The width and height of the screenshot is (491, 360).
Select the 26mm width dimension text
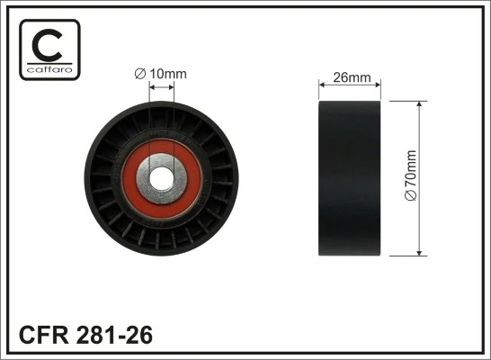[x=352, y=77]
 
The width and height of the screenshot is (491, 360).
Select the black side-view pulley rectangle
[x=352, y=178]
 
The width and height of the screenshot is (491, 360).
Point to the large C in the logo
[x=49, y=44]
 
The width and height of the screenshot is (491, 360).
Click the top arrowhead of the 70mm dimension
[x=420, y=104]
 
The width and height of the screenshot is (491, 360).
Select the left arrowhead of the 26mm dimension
[x=324, y=87]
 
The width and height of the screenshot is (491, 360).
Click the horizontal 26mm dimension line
[x=352, y=87]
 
